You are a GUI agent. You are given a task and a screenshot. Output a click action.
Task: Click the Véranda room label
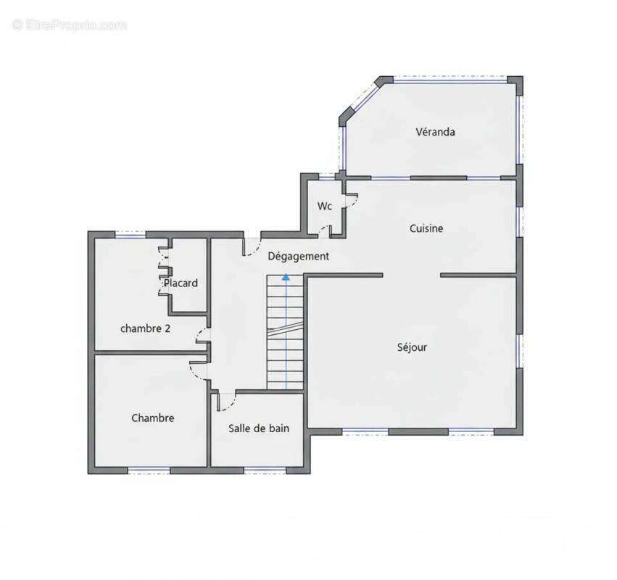435,131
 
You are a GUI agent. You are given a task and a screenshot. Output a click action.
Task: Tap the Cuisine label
426,228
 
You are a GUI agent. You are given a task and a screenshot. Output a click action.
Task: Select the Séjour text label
412,347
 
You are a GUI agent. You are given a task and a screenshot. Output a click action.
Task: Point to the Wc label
325,206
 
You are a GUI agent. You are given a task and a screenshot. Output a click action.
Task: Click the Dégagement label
298,256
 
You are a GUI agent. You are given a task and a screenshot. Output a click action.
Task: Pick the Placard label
181,283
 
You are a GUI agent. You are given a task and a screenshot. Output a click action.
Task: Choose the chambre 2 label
145,328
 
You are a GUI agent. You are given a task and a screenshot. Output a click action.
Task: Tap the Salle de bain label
259,428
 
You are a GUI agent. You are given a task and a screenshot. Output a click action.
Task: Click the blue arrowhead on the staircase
286,277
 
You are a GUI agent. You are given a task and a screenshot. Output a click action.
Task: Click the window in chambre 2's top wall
131,235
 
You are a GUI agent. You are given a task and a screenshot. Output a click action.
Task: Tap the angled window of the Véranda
361,99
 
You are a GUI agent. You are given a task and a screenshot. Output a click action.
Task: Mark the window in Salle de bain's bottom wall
265,471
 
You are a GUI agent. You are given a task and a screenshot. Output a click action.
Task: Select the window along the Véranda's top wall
450,80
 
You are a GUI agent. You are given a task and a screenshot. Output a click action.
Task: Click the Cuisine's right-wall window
519,222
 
